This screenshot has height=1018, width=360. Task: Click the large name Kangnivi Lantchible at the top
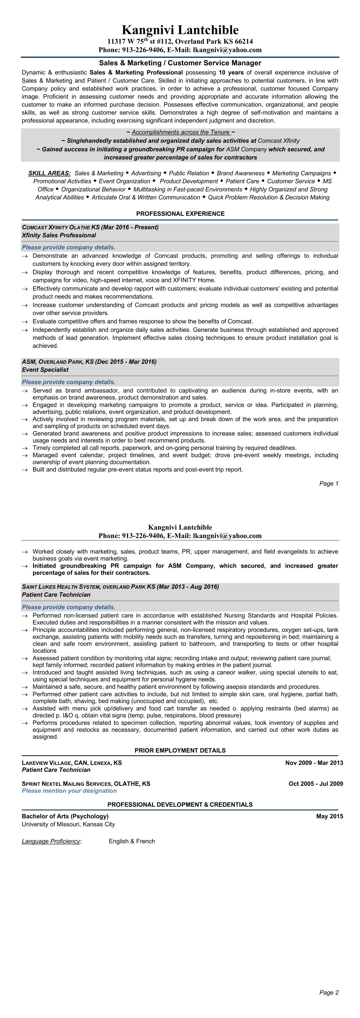click(180, 30)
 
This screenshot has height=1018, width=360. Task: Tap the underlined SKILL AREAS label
click(49, 173)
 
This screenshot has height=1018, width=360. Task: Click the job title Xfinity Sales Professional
click(59, 235)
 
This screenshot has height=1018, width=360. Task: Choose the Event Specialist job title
click(45, 370)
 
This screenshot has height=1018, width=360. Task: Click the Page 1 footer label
click(329, 483)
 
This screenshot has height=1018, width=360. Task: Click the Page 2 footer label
click(329, 992)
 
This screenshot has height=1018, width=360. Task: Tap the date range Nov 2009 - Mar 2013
click(314, 763)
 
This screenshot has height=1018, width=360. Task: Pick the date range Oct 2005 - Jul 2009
click(315, 784)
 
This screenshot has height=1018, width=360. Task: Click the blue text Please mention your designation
click(69, 791)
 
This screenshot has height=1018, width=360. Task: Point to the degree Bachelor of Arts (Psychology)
click(65, 816)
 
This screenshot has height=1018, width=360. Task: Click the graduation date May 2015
click(330, 816)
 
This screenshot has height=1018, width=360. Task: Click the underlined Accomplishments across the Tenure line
click(181, 132)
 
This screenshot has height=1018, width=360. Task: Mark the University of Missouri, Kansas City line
click(68, 824)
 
